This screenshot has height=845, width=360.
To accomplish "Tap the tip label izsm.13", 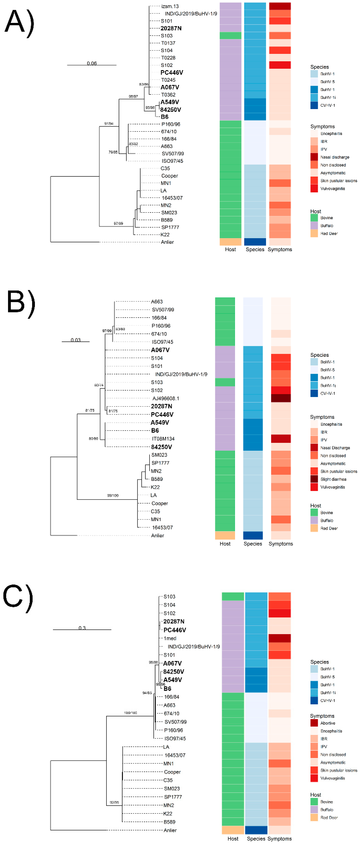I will click(x=170, y=6).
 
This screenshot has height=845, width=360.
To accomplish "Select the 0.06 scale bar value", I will click(x=92, y=63).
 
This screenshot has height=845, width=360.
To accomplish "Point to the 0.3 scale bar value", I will click(x=82, y=628).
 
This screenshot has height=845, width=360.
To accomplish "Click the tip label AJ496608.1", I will click(x=166, y=398).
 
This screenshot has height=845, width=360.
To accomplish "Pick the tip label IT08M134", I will click(x=163, y=439).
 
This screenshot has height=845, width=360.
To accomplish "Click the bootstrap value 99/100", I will click(x=113, y=495).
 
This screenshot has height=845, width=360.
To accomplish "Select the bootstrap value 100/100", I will click(x=131, y=713).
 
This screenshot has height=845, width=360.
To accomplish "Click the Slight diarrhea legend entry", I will click(x=333, y=479).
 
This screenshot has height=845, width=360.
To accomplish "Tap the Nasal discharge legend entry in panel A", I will click(x=334, y=157).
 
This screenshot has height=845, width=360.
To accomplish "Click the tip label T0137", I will click(x=168, y=43).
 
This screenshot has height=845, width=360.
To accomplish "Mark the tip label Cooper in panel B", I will click(x=159, y=503).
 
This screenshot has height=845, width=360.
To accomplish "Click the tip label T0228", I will click(x=168, y=58).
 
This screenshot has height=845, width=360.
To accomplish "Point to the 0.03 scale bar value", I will click(x=76, y=340).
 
